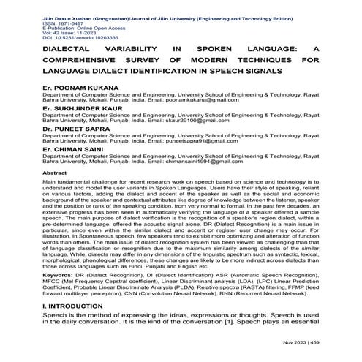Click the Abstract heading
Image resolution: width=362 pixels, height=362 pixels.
(59, 172)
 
